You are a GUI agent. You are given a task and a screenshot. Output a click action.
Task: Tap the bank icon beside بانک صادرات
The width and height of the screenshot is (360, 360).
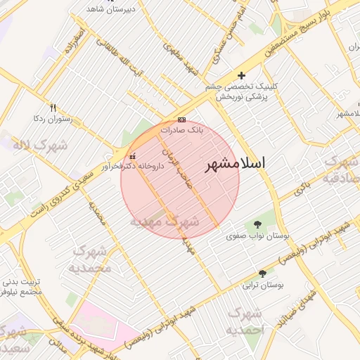pyautogui.click(x=182, y=120)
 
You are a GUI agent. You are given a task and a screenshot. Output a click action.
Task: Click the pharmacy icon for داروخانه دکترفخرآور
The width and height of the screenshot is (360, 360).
pyautogui.click(x=133, y=156)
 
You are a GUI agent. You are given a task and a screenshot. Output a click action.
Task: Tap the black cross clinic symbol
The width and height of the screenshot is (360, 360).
pyautogui.click(x=242, y=75)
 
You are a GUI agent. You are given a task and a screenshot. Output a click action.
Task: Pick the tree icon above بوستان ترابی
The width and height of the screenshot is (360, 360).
pyautogui.click(x=263, y=274)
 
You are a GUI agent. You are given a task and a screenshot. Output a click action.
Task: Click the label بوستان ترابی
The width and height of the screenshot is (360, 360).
pyautogui.click(x=262, y=285)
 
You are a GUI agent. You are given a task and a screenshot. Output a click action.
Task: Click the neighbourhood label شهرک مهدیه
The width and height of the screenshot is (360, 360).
pyautogui.click(x=165, y=221)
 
